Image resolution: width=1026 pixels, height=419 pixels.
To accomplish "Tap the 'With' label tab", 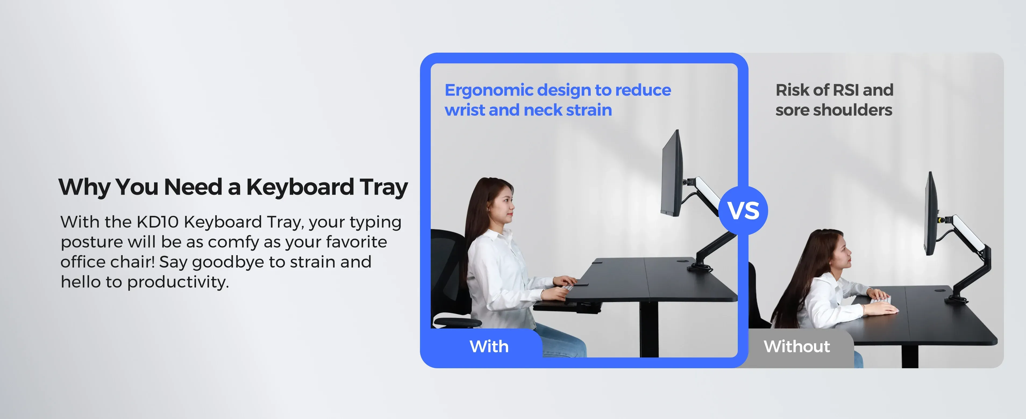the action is [x=489, y=346].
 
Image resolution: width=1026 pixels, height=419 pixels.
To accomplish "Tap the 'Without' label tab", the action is [x=797, y=346].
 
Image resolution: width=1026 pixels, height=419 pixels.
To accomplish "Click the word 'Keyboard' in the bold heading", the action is [x=300, y=187].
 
